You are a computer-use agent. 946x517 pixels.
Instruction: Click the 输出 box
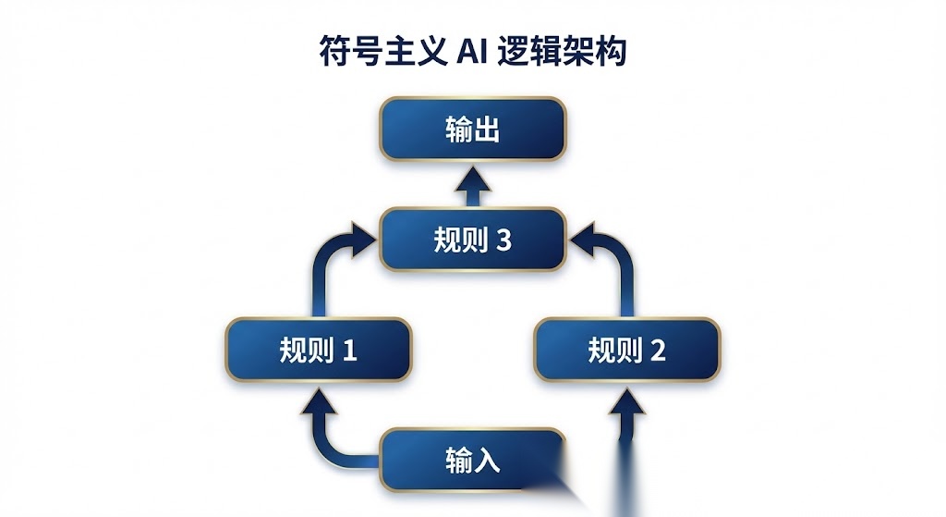[x=472, y=129]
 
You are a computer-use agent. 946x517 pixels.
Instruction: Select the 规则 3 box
[x=472, y=240]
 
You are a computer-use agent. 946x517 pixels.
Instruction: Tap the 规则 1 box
[x=319, y=350]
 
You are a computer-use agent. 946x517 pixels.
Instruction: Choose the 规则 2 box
[x=627, y=350]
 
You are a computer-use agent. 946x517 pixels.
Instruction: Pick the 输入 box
[x=472, y=461]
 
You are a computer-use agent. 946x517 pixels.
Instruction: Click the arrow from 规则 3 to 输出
[x=472, y=187]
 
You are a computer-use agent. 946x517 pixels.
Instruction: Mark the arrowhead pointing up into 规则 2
[x=627, y=401]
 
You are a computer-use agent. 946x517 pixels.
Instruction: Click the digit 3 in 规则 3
[x=503, y=240]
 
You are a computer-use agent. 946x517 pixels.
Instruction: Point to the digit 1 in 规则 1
[x=350, y=351]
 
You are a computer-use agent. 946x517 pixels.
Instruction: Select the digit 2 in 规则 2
[x=658, y=351]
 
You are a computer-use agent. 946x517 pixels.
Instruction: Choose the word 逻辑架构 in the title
[x=562, y=52]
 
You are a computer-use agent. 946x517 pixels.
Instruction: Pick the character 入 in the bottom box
[x=487, y=461]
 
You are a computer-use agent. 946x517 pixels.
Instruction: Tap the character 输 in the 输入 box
[x=458, y=461]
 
